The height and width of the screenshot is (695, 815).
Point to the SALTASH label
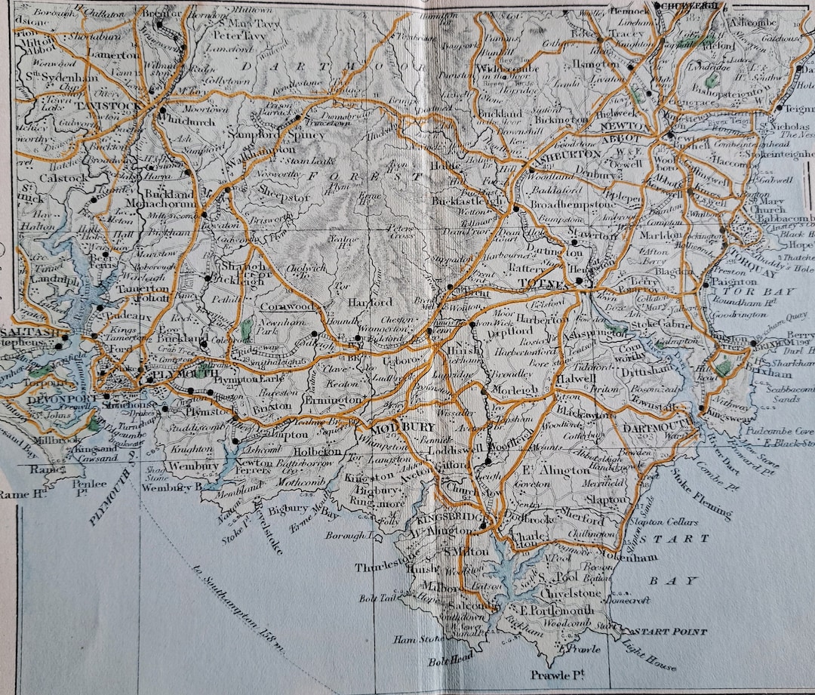(26, 332)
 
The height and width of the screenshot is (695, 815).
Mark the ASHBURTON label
(566, 154)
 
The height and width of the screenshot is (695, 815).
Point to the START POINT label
(670, 631)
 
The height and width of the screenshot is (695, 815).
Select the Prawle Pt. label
(558, 673)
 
